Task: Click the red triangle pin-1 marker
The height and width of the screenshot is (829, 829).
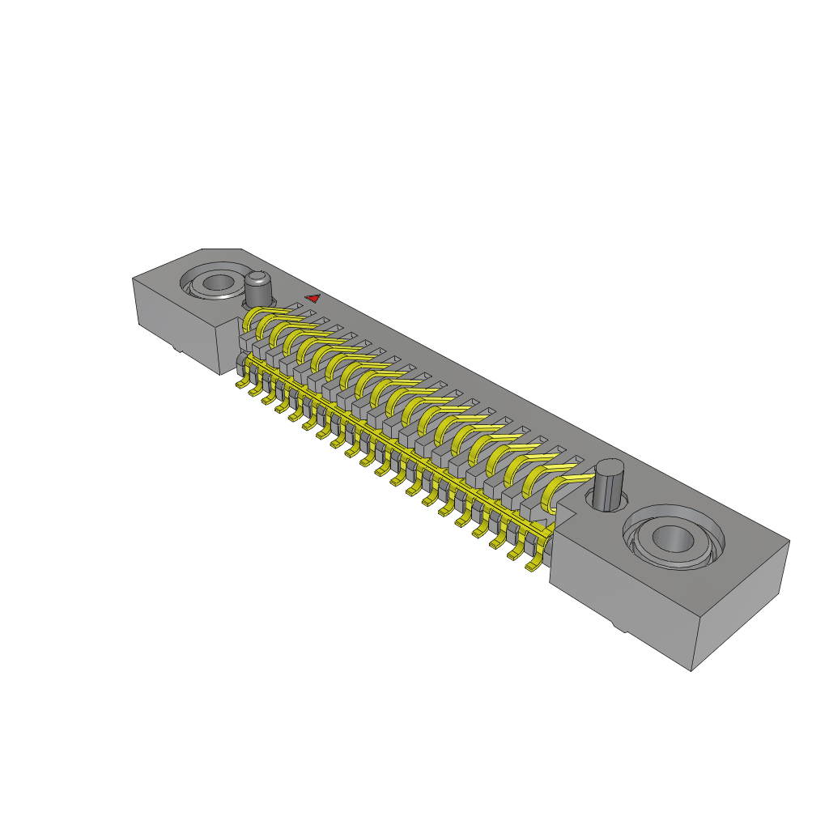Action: click(x=312, y=298)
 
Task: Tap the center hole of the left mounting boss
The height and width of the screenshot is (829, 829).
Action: click(x=217, y=283)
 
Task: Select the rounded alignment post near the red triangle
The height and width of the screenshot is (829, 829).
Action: click(x=258, y=288)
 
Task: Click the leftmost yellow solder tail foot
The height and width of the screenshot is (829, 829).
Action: click(x=241, y=385)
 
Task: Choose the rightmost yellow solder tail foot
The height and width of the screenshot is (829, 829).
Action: click(x=532, y=566)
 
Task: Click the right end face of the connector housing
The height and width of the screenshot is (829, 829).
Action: click(x=741, y=603)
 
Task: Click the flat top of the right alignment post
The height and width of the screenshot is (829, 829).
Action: click(x=608, y=469)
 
